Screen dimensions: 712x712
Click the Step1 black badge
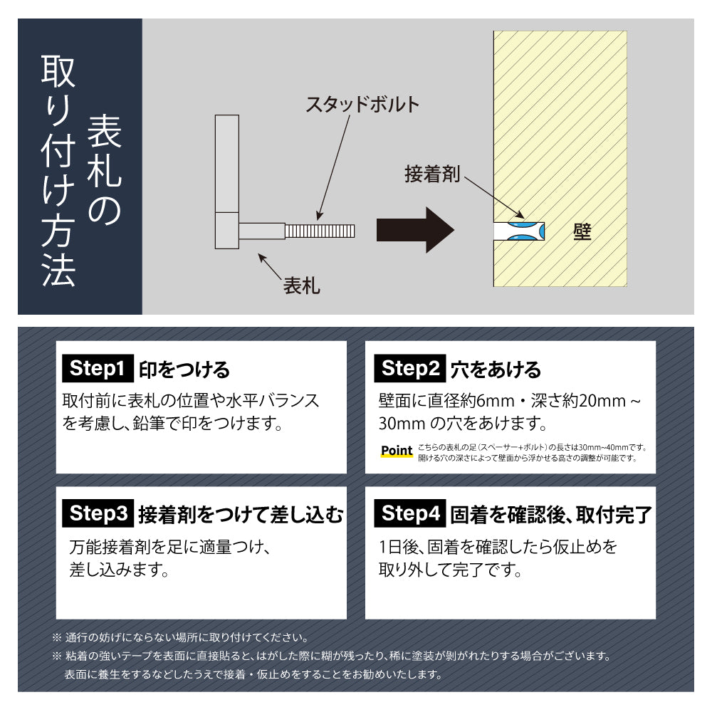pos(98,369)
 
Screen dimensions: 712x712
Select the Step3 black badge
pos(98,513)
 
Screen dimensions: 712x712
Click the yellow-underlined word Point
pos(397,451)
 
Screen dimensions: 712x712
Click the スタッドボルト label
pos(362,105)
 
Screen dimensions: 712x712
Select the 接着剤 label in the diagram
pos(432,174)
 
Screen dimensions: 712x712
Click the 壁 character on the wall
pos(582,231)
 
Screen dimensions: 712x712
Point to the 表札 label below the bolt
pos(302,286)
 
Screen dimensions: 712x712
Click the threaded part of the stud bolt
pos(320,231)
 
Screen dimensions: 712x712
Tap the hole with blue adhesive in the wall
pos(519,231)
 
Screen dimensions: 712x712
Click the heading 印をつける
pos(184,370)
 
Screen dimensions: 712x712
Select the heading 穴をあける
pos(496,370)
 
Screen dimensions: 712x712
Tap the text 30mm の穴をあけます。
pos(463,424)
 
